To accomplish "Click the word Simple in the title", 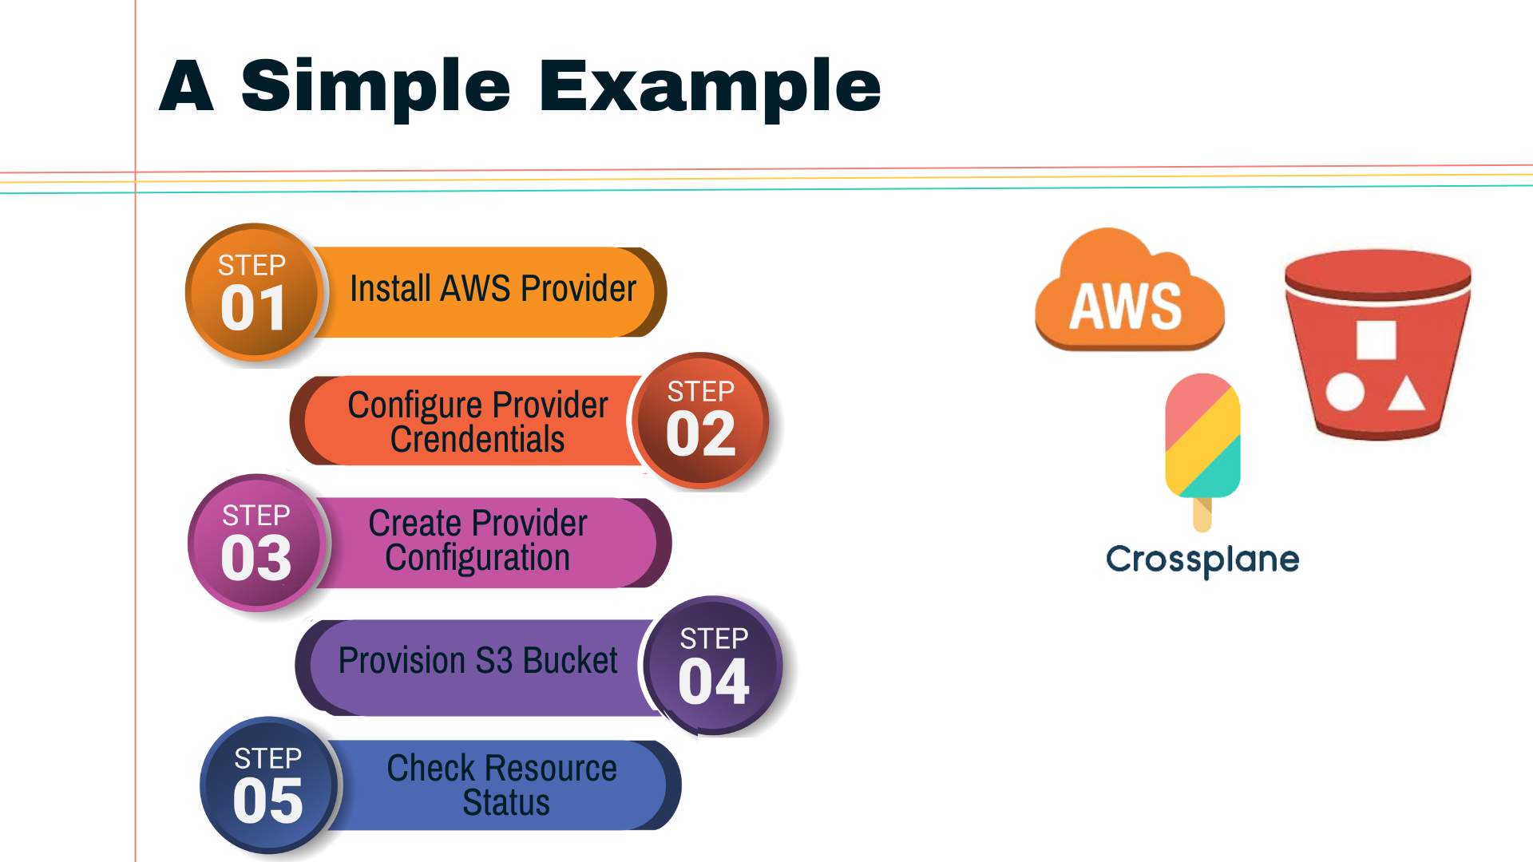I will coord(375,86).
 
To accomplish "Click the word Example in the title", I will coord(710,86).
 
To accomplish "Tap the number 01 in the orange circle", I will coord(253,309).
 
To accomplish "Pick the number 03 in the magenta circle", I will coord(255,558).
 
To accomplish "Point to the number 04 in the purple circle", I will coord(713,682).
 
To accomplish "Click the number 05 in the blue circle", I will coord(267,801).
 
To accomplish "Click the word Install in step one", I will coord(390,289).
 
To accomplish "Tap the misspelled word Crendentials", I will coord(477,440).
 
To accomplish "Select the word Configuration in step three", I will coord(477,558).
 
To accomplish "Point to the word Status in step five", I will coord(506,803).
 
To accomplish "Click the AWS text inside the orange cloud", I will coord(1125,306).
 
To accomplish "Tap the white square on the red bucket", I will coord(1376,340).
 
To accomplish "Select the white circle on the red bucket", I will coord(1345,392).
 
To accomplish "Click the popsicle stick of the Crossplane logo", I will coord(1202,515).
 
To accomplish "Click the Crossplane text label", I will coord(1202,560).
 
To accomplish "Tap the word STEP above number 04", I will coord(714,639).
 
